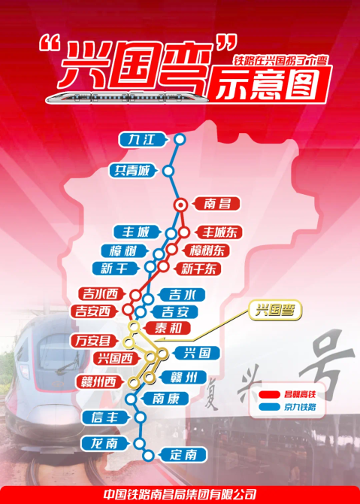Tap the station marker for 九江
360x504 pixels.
(x=180, y=139)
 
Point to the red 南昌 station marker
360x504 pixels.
(x=180, y=204)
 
